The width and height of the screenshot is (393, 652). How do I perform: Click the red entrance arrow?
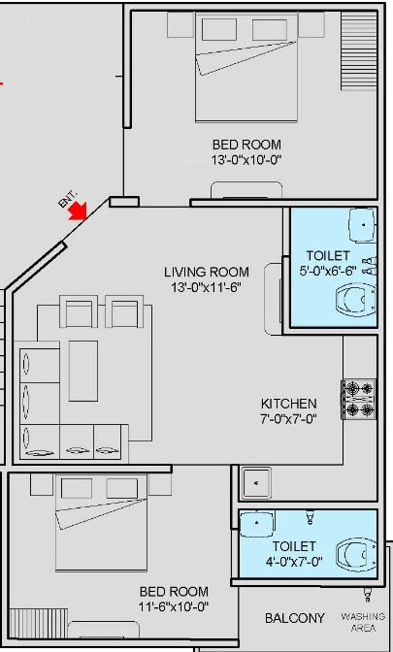coord(79,211)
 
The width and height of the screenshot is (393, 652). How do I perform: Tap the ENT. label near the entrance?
coord(68,199)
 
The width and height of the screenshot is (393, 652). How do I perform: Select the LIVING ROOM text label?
coord(207,273)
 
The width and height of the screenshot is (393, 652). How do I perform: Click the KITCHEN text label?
coord(289,404)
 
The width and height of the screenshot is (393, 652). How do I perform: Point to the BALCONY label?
coord(295,618)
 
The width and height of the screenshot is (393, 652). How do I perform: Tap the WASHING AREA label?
coord(363,622)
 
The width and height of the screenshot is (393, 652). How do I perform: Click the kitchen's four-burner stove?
coord(359,400)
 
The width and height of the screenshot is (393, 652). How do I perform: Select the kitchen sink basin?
coord(256,483)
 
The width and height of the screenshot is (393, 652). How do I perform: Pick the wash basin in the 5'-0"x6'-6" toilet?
coord(363,225)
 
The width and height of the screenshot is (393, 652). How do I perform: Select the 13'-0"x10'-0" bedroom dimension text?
coord(246,160)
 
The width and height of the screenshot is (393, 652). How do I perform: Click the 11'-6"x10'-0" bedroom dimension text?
coord(174,606)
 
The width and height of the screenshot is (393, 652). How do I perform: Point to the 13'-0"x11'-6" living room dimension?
coord(207,287)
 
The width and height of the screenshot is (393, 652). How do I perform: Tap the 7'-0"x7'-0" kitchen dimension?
coord(289,418)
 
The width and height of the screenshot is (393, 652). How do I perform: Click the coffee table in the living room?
coord(83,371)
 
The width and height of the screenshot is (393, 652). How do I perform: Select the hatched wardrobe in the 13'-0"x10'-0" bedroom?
coord(359,50)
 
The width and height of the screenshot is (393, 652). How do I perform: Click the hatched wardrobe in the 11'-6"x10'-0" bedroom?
coord(38,623)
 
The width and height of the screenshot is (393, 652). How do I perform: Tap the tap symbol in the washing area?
coord(368,595)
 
